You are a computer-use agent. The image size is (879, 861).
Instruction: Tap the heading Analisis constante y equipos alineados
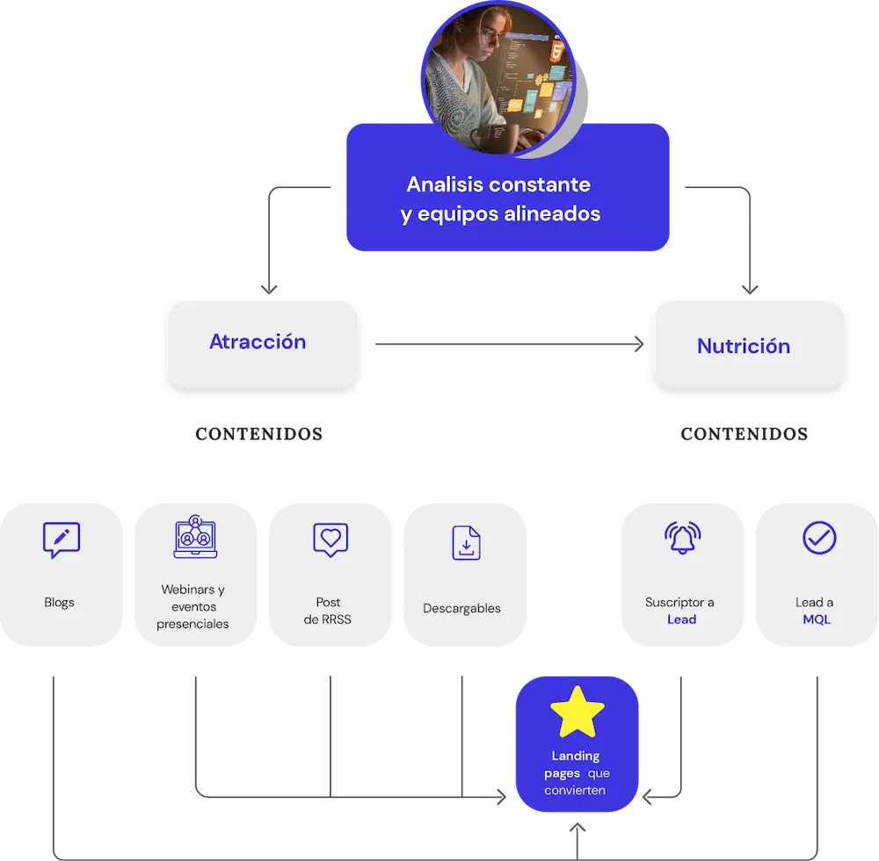point(500,199)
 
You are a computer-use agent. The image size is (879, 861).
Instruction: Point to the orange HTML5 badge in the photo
point(556,51)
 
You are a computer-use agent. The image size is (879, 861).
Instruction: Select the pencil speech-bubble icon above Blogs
point(61,540)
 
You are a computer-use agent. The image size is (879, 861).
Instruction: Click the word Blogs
point(60,603)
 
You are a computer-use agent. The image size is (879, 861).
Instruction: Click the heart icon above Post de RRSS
point(331,539)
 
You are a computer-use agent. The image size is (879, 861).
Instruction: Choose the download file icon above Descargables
point(465,543)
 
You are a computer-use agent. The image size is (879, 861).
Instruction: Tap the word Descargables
point(461,608)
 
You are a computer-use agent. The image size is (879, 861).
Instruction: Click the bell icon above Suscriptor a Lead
point(682,539)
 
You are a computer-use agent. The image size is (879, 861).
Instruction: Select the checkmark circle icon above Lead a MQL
point(818,538)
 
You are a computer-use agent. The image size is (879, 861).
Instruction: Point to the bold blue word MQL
point(816,619)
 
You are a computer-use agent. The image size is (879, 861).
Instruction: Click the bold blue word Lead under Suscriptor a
point(681,619)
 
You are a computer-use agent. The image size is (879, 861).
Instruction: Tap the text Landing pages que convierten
point(577,772)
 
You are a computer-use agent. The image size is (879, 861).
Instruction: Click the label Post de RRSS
point(328,611)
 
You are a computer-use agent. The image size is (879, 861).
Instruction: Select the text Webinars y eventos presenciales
point(193,606)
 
